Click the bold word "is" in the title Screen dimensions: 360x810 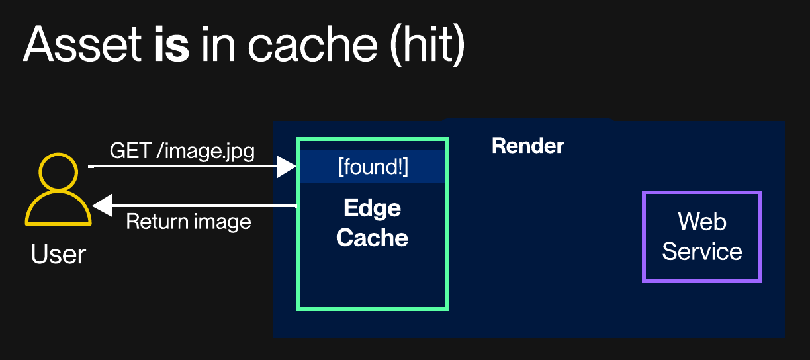(x=171, y=46)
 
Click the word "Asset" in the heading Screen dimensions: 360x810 (x=80, y=46)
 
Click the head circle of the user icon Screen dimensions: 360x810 (x=58, y=171)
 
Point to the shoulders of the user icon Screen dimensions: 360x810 (x=58, y=210)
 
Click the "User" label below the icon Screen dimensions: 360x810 (x=58, y=254)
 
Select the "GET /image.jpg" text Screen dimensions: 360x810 (x=182, y=151)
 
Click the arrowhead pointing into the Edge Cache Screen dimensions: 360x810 (x=287, y=167)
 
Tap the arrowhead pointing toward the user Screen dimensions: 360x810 (x=102, y=206)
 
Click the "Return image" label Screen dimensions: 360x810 (x=189, y=222)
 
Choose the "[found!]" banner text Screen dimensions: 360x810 (x=373, y=167)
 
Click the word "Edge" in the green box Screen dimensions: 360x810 (x=372, y=208)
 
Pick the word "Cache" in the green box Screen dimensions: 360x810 (x=372, y=238)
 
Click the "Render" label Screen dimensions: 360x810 (x=527, y=146)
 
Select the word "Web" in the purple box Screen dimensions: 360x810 (x=702, y=222)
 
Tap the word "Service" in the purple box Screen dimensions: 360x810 (x=702, y=251)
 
